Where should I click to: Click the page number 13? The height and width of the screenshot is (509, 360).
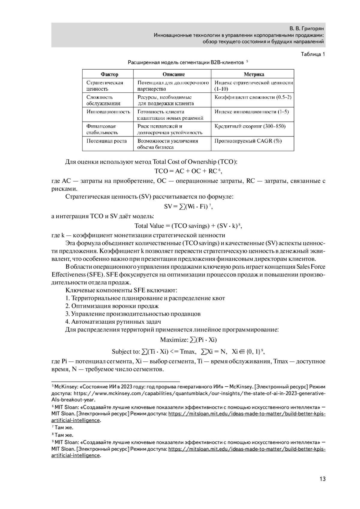tap(322, 479)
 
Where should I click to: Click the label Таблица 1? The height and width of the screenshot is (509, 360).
tap(313, 54)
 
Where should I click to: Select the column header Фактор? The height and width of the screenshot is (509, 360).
tap(109, 74)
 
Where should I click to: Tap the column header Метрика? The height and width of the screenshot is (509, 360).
tap(254, 74)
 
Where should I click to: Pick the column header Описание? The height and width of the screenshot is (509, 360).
tap(174, 74)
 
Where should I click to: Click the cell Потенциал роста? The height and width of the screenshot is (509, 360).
tap(106, 141)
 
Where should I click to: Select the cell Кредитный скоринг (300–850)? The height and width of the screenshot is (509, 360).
tap(250, 126)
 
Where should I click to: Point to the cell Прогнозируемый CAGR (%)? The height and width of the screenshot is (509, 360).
tap(248, 141)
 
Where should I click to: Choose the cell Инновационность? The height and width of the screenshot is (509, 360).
tap(108, 112)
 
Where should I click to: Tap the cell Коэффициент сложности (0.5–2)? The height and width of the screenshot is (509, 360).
tap(253, 97)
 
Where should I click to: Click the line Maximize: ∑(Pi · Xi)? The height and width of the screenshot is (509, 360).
tap(188, 340)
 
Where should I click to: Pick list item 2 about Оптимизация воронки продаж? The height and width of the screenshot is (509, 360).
tap(112, 306)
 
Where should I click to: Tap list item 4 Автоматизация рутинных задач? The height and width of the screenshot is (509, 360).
tap(113, 322)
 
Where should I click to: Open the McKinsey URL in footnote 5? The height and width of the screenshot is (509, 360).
tap(198, 393)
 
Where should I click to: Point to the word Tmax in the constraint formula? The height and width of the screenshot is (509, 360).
tap(188, 352)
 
